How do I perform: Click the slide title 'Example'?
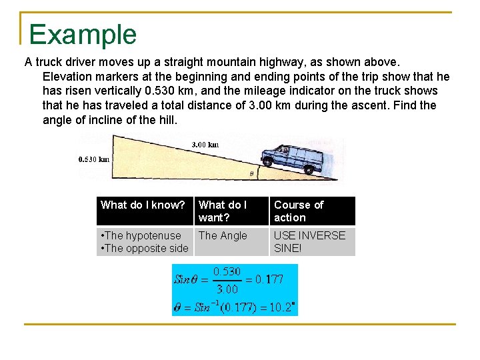click(83, 34)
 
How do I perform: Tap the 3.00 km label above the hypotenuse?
click(205, 145)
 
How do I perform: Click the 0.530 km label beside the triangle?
click(93, 159)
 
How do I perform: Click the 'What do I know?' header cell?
click(143, 205)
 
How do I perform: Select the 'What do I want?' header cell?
click(223, 211)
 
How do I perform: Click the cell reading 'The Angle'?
click(223, 236)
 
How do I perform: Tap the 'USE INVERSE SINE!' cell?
click(310, 242)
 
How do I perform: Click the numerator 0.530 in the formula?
click(227, 272)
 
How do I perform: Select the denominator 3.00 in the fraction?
click(227, 289)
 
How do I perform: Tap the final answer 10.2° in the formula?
click(283, 307)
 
